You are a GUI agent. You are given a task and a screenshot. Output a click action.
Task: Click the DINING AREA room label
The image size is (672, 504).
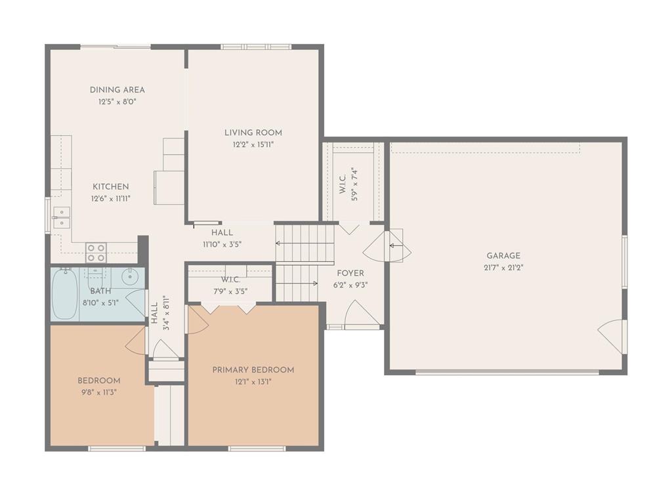click(117, 90)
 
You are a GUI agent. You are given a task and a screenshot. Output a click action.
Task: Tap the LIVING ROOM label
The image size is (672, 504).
click(253, 133)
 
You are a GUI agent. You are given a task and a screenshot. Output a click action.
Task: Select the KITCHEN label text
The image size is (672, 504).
click(110, 187)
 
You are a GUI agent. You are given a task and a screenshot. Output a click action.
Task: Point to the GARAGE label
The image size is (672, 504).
click(503, 256)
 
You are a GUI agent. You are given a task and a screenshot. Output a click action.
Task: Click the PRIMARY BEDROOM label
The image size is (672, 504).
click(253, 370)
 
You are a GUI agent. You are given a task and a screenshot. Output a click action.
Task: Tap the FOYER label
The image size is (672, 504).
click(350, 274)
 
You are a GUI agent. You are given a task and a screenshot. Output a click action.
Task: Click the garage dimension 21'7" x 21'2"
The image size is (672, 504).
click(503, 268)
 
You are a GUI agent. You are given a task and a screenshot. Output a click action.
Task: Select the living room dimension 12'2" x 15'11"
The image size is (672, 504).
click(253, 145)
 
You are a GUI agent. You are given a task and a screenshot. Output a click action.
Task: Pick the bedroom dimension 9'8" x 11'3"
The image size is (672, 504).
click(99, 392)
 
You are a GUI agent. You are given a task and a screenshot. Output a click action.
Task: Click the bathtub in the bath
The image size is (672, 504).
click(65, 294)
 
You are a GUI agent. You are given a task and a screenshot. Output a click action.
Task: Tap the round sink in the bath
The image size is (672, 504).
click(129, 277)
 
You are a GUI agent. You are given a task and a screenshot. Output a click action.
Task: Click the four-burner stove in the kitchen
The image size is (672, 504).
click(96, 253)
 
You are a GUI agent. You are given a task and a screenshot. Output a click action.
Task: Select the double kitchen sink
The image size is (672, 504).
click(62, 217)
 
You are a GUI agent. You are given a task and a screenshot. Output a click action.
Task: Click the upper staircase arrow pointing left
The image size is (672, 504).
click(304, 243)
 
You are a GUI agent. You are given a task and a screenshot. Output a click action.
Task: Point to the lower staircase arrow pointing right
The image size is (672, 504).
click(297, 283)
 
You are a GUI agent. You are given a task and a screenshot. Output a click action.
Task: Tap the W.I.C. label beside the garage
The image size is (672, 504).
click(343, 184)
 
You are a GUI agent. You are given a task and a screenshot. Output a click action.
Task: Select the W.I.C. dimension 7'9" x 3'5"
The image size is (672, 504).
click(230, 292)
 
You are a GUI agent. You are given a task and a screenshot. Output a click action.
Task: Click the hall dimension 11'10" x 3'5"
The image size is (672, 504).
click(222, 245)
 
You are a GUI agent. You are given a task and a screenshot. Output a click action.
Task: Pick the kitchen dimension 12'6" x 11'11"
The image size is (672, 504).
click(110, 199)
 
